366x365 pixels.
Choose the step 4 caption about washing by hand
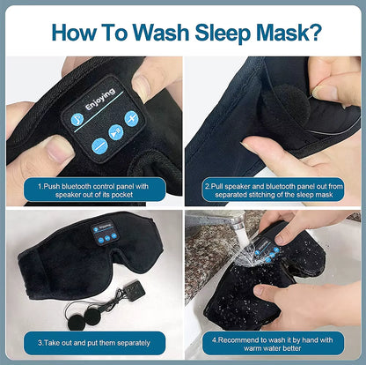pyautogui.click(x=274, y=342)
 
